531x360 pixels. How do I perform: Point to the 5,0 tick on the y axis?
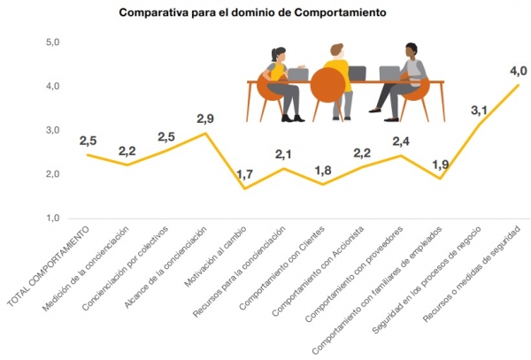point(52,42)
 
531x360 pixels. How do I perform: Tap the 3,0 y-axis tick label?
point(52,130)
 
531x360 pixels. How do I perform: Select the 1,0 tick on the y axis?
point(52,218)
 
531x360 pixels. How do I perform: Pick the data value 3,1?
point(480,110)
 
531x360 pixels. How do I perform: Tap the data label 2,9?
point(204,118)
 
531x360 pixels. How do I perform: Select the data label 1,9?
point(441,164)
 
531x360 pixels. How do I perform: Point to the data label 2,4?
point(401,141)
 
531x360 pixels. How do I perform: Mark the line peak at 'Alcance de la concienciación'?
point(204,134)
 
